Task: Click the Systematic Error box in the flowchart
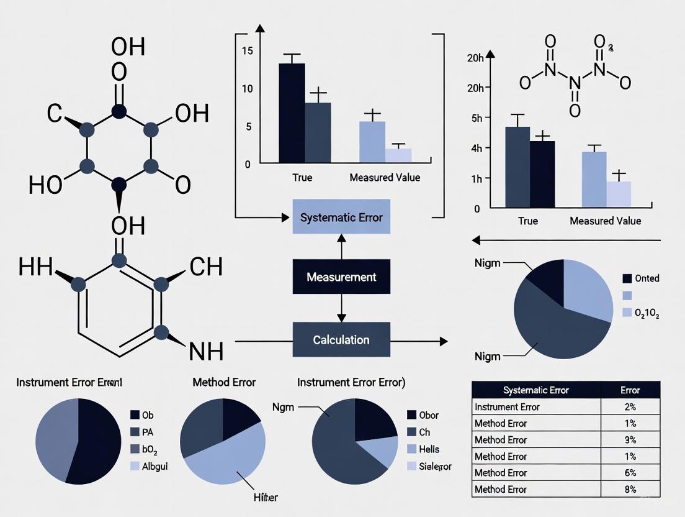(x=341, y=217)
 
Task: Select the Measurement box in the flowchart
(x=341, y=277)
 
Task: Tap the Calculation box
(x=341, y=340)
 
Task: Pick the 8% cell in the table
(x=630, y=489)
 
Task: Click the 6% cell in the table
(x=630, y=473)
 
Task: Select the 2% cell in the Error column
(x=630, y=407)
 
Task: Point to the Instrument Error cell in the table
(x=507, y=407)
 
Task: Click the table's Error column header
(x=630, y=390)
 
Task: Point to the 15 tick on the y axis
(x=248, y=51)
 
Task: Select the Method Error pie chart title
(x=224, y=382)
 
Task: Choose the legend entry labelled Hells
(x=429, y=449)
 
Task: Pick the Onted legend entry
(x=647, y=278)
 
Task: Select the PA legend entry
(x=148, y=431)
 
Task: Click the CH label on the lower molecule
(x=206, y=267)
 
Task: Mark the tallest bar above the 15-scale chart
(x=292, y=112)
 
